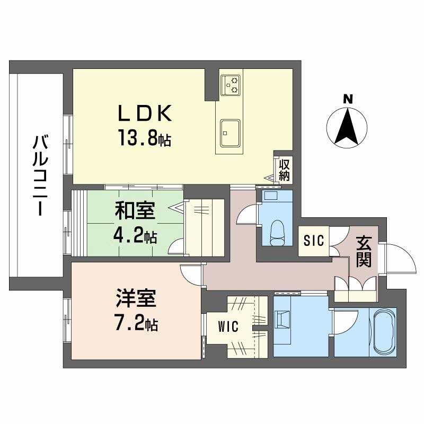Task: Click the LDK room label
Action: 144,113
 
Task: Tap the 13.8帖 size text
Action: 144,139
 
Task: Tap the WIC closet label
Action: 228,327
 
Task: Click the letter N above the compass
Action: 348,99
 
